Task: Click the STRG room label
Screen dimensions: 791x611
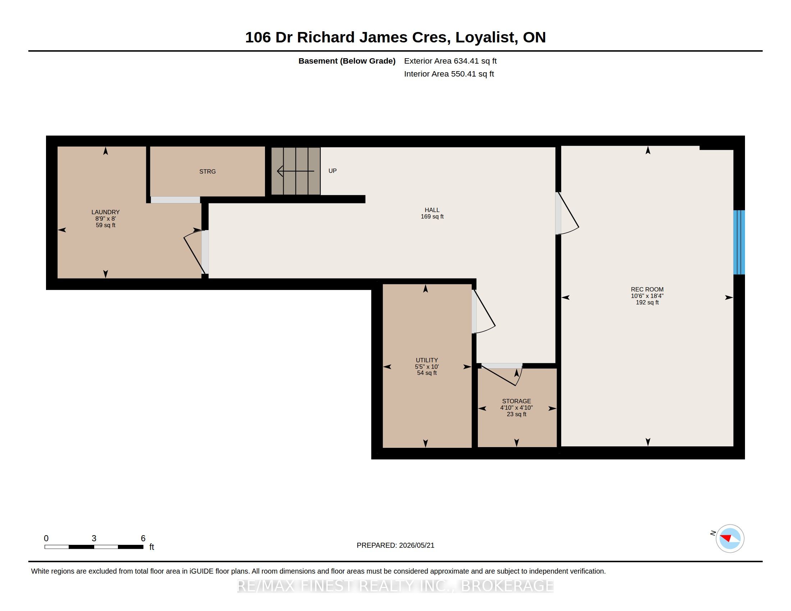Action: tap(207, 171)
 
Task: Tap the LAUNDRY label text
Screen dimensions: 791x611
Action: tap(105, 212)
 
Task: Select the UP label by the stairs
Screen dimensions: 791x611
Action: tap(333, 170)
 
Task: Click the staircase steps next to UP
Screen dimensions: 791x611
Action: tap(296, 171)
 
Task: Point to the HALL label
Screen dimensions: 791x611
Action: tap(432, 210)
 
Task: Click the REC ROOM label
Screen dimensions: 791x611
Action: tap(647, 289)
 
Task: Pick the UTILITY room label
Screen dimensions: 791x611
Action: tap(427, 360)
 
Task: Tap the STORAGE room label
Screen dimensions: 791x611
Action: tap(516, 401)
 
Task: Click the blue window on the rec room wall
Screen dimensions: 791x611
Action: tap(739, 242)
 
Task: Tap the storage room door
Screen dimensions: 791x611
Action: tap(502, 375)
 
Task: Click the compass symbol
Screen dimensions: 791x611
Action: tap(730, 539)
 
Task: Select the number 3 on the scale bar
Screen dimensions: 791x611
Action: tap(94, 538)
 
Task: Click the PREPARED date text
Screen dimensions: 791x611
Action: tap(395, 545)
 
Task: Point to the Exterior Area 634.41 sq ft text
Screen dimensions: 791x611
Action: tap(450, 61)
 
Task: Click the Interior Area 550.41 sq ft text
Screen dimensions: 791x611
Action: tap(449, 74)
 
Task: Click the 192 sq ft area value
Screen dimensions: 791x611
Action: tap(647, 302)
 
